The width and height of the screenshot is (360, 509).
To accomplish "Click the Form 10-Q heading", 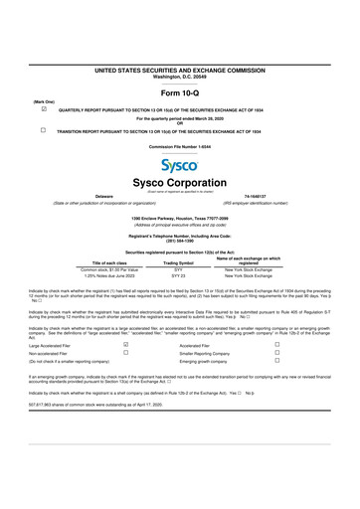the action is (x=179, y=94).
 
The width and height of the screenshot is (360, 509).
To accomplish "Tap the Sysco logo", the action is (x=179, y=167).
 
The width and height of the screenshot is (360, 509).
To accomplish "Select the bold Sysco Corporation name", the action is (x=179, y=184).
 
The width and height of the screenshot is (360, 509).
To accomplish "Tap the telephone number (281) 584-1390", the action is (x=179, y=239).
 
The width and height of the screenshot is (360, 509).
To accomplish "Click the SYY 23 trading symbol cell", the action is (x=179, y=274).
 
